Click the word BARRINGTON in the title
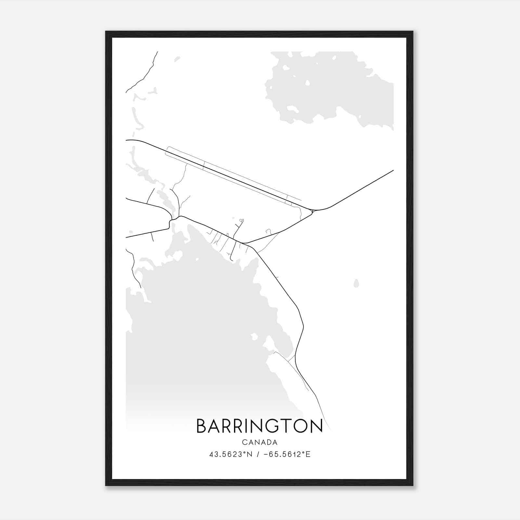[259, 426]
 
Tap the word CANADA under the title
[259, 442]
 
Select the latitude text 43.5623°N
[231, 454]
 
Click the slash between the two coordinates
[258, 454]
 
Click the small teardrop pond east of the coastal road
[356, 284]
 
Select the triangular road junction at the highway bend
[312, 212]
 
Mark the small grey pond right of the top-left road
[177, 59]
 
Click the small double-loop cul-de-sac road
[241, 221]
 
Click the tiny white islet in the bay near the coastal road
[254, 336]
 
